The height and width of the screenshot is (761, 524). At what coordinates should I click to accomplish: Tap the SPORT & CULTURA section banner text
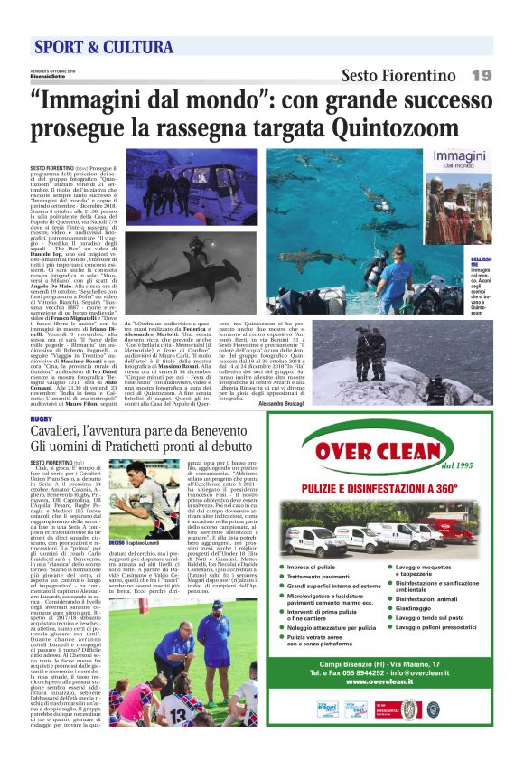tap(91, 47)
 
